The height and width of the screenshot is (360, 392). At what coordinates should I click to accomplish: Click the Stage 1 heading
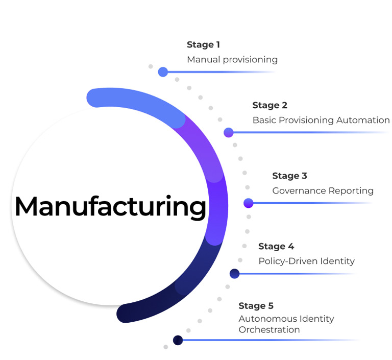(x=203, y=45)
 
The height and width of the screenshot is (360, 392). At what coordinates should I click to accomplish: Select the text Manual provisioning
(x=232, y=60)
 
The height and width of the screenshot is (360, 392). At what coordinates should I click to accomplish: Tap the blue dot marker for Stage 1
(x=163, y=72)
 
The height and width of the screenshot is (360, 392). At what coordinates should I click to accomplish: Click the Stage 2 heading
(x=269, y=106)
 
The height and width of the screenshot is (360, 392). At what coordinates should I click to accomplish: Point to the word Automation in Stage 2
(x=363, y=121)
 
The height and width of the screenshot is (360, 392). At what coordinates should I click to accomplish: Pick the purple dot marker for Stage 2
(x=229, y=133)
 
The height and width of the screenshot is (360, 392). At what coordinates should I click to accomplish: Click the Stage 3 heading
(x=289, y=176)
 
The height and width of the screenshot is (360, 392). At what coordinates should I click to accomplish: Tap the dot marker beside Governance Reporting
(x=249, y=203)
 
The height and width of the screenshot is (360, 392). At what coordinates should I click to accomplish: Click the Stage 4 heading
(x=276, y=247)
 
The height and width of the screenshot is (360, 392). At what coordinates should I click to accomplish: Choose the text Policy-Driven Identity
(x=306, y=261)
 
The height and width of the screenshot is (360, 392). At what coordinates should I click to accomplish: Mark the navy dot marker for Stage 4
(x=234, y=274)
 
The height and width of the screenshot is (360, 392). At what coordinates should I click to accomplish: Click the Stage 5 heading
(x=256, y=306)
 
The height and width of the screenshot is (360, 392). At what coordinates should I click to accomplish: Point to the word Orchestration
(x=269, y=330)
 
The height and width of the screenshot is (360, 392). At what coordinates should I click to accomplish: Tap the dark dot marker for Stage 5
(x=178, y=340)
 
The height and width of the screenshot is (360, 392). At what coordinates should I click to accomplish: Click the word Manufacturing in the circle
(x=110, y=207)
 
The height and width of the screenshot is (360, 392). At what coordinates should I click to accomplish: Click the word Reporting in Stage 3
(x=351, y=191)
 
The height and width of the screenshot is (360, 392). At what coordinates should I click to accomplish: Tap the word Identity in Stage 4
(x=337, y=261)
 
